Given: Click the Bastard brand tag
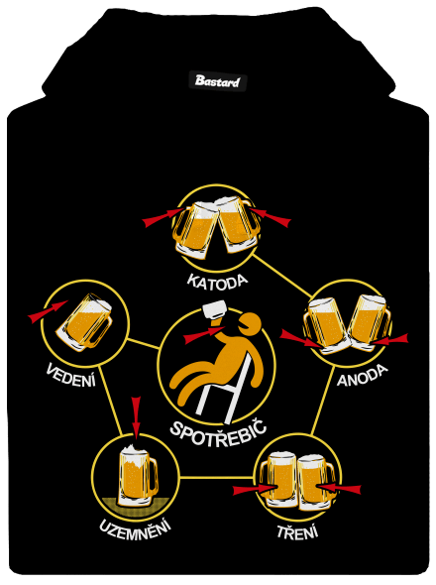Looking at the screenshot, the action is click(x=217, y=80).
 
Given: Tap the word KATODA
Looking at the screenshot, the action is click(x=217, y=281).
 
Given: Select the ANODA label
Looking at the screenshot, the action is click(x=362, y=376).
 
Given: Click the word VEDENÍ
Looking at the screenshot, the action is click(x=71, y=374).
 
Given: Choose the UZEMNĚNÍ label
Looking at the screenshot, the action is click(x=135, y=526).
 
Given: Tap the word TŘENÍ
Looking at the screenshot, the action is click(x=297, y=531).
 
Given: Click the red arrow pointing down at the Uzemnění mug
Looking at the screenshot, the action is click(x=136, y=417).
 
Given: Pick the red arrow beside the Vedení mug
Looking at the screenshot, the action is click(x=49, y=311).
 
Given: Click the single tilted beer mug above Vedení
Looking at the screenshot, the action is click(x=85, y=322).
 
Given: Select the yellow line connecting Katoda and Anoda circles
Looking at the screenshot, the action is click(x=282, y=277).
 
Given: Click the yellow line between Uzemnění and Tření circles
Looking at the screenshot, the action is click(x=216, y=477).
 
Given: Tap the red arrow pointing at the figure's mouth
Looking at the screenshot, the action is click(x=202, y=335).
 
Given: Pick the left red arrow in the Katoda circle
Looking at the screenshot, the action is click(x=163, y=217).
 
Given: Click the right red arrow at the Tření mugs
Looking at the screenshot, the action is click(x=339, y=488).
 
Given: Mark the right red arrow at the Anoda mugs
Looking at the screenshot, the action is click(x=388, y=339).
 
